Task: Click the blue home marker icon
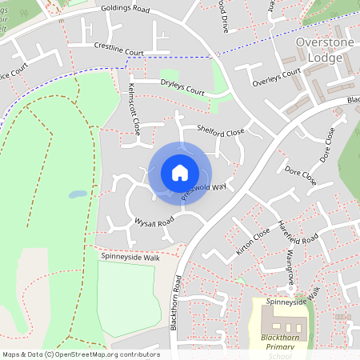[x=180, y=172]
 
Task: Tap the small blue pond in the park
[x=78, y=194]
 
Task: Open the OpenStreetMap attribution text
[x=81, y=354]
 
